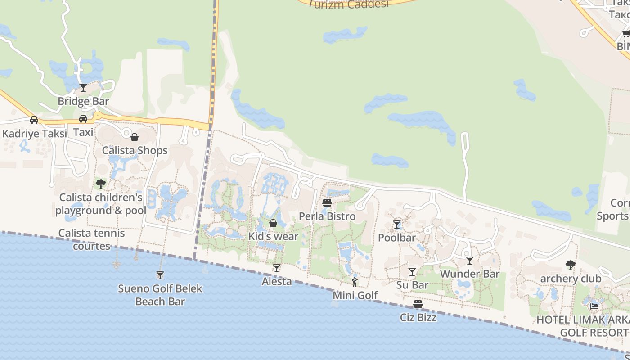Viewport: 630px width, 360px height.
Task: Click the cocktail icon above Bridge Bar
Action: click(x=83, y=87)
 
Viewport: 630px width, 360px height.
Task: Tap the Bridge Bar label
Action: click(x=83, y=101)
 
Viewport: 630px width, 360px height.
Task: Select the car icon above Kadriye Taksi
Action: click(x=34, y=120)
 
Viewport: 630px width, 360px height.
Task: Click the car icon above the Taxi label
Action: click(x=83, y=119)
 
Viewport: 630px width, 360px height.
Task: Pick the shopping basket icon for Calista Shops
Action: click(x=135, y=137)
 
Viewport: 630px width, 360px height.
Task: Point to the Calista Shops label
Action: click(x=135, y=150)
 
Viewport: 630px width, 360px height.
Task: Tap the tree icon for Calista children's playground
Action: click(x=101, y=184)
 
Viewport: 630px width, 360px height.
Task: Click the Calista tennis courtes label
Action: click(x=92, y=239)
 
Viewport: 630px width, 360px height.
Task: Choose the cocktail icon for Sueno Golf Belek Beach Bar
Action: click(x=160, y=275)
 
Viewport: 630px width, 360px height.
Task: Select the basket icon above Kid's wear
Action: click(x=273, y=223)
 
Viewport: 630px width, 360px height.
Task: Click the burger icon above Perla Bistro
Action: click(x=327, y=203)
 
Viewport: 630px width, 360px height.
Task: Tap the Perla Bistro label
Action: click(x=327, y=216)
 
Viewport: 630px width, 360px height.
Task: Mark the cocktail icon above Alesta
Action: click(x=277, y=268)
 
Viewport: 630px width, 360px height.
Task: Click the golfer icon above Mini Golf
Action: click(x=355, y=282)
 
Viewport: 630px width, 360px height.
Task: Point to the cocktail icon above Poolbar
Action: click(x=397, y=224)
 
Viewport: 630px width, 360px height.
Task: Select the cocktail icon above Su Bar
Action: click(x=412, y=271)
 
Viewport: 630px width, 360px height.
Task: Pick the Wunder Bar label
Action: click(x=470, y=274)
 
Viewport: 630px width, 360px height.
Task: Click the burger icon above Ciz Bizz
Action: click(x=418, y=304)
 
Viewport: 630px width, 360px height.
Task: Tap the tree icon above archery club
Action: click(x=571, y=265)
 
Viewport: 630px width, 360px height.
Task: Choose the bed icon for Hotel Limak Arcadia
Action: click(x=594, y=306)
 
